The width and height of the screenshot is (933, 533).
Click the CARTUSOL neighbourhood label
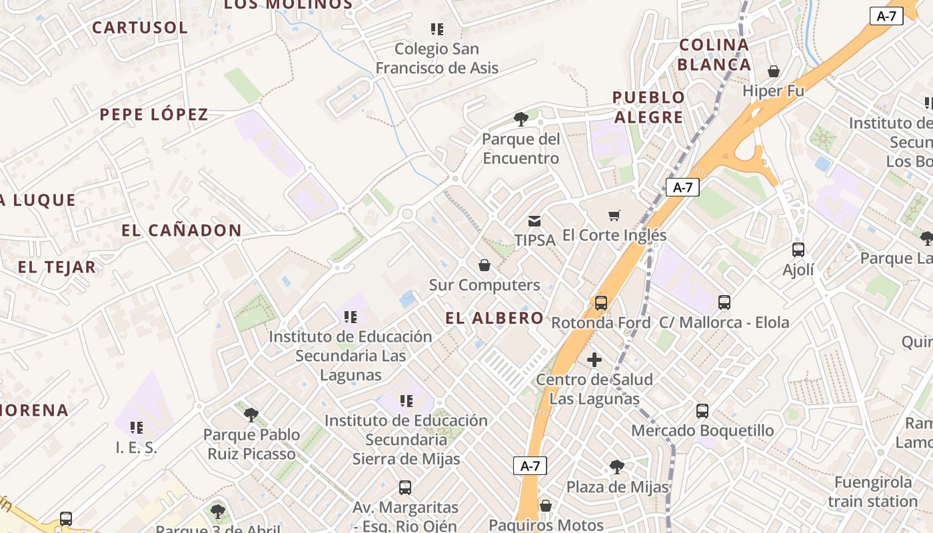(140, 27)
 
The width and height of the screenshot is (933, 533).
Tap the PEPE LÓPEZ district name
(154, 114)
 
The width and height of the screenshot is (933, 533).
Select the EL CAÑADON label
(181, 231)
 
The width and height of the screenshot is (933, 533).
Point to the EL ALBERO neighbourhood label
(494, 318)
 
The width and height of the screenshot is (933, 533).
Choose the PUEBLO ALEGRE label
(648, 107)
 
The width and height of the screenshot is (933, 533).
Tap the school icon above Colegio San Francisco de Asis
(437, 29)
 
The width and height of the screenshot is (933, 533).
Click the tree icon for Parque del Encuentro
(521, 120)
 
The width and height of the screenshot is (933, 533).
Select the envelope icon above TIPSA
(534, 221)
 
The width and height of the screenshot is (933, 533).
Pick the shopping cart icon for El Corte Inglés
(614, 215)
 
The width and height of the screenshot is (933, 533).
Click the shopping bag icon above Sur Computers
(484, 265)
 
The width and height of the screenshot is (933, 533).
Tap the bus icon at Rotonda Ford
(601, 303)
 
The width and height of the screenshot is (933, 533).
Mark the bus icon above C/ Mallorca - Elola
(724, 302)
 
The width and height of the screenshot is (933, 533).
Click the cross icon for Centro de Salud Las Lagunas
(594, 360)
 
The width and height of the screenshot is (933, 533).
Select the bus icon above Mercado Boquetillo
(702, 411)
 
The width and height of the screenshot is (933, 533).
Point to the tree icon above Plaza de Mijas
(617, 467)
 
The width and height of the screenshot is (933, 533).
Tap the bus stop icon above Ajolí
(798, 250)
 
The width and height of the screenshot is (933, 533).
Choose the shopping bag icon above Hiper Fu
(774, 71)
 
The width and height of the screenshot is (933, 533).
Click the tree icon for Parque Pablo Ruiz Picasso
(251, 415)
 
